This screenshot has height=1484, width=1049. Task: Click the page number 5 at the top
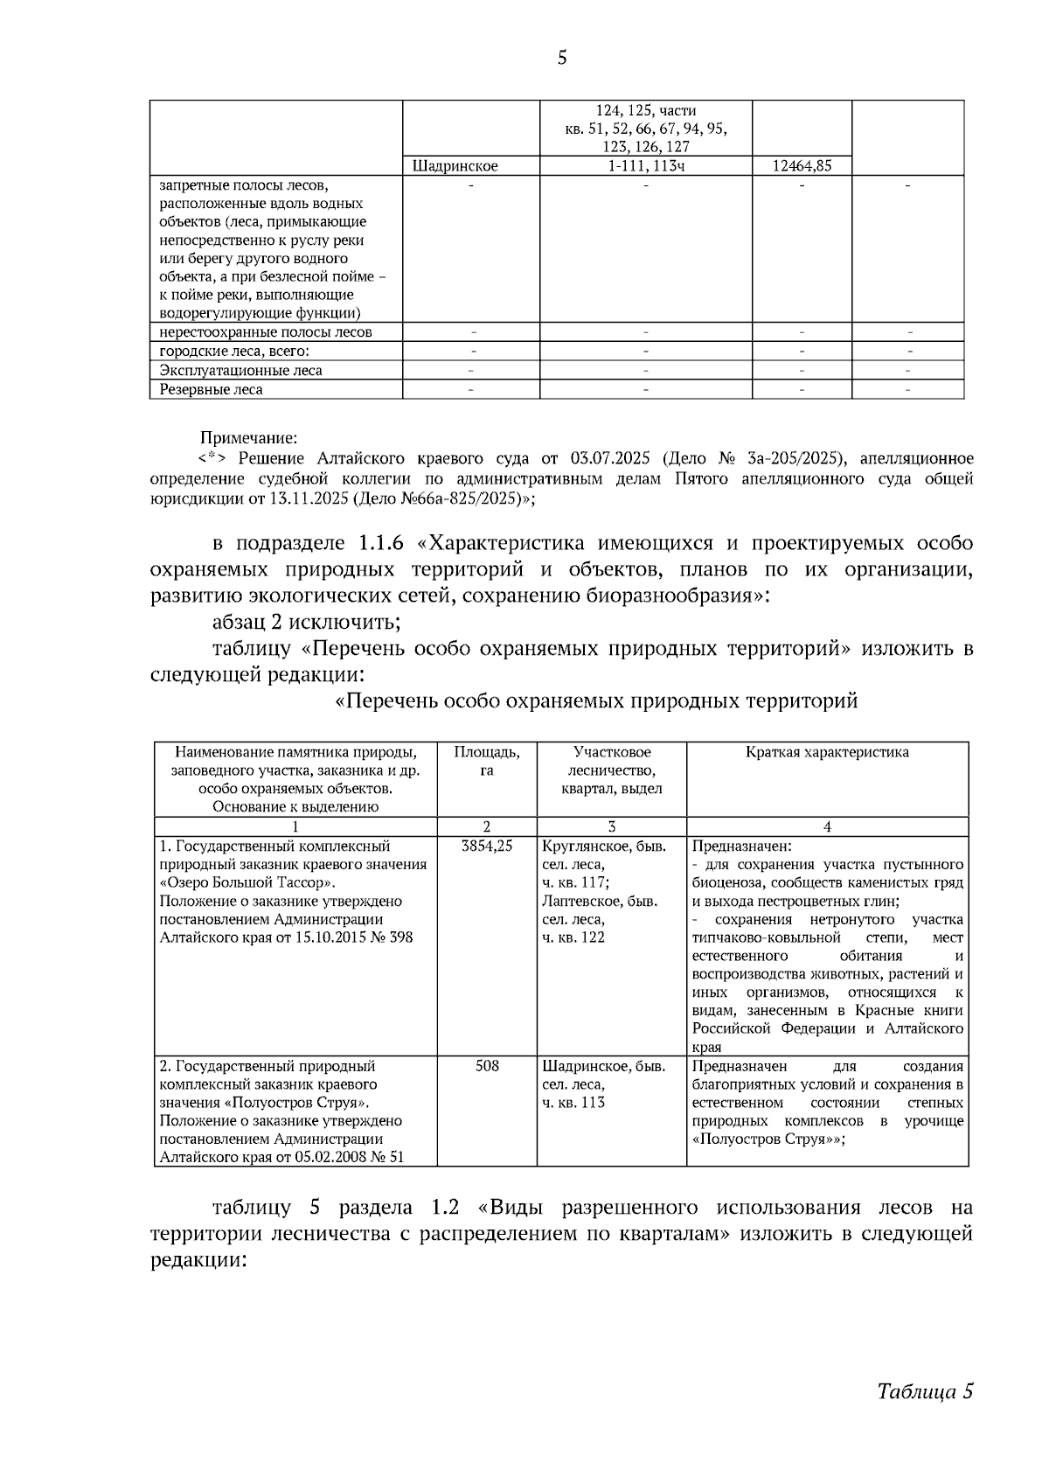[x=561, y=59]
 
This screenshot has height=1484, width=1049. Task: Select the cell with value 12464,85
[x=802, y=166]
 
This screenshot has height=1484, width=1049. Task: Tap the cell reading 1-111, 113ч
[x=645, y=166]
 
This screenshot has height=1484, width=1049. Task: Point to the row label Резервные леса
[x=211, y=390]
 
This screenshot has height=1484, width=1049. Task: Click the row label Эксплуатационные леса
[x=240, y=371]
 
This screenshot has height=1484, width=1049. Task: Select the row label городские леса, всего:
[x=234, y=352]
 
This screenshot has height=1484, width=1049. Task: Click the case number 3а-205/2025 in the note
[x=794, y=458]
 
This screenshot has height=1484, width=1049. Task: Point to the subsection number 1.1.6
[x=380, y=543]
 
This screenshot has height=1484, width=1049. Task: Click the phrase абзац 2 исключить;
[x=306, y=623]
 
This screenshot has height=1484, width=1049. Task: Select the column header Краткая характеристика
[x=827, y=752]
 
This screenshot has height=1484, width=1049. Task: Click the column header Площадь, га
[x=487, y=761]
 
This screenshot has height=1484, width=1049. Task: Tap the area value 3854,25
[x=487, y=847]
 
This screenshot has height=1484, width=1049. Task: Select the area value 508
[x=487, y=1066]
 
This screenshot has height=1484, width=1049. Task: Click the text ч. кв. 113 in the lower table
[x=573, y=1103]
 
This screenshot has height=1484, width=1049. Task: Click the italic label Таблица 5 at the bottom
[x=925, y=1391]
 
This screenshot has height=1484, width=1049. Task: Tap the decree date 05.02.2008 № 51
[x=345, y=1158]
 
